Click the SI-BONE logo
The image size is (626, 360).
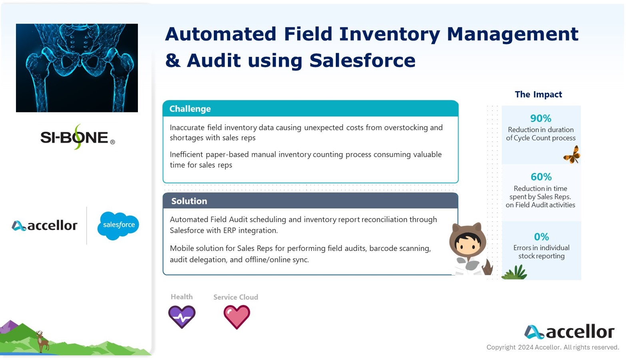coord(78,137)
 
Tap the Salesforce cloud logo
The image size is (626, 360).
coord(118,226)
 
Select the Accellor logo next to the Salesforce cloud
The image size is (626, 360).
coord(44,226)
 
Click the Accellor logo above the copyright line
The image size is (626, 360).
coord(569,332)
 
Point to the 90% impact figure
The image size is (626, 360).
coord(541,118)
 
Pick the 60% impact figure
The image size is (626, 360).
coord(541,177)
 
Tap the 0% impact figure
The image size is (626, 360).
coord(541,237)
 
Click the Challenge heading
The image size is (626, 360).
coord(190,109)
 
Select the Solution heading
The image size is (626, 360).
coord(189,201)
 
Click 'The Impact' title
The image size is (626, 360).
coord(538,94)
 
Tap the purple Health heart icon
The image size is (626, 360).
coord(182,317)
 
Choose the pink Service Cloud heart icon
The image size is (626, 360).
coord(237,317)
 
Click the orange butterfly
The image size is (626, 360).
coord(572,155)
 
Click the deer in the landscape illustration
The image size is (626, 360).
coord(42,341)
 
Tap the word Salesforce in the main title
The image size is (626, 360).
coord(363,60)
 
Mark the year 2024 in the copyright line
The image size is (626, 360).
coord(526,348)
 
